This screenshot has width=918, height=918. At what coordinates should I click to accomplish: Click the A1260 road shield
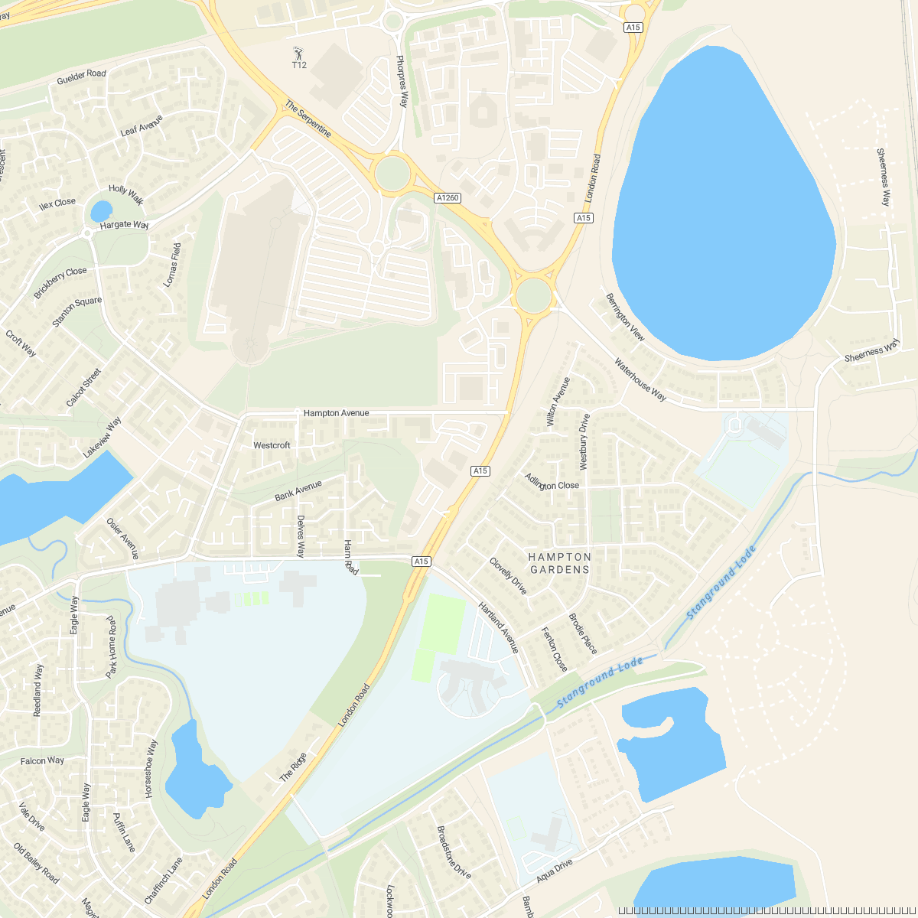click(x=448, y=198)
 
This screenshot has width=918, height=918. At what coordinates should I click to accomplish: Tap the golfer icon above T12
click(x=298, y=54)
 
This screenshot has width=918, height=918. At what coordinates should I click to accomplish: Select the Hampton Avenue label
click(x=336, y=413)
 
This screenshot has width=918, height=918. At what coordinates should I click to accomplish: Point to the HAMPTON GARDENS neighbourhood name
click(x=560, y=563)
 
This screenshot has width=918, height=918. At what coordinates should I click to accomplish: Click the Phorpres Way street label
click(x=402, y=81)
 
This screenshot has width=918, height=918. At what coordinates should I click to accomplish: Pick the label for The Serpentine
click(x=308, y=119)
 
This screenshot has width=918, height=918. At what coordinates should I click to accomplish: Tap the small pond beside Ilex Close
click(x=101, y=210)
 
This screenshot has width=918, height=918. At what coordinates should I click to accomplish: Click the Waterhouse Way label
click(x=640, y=379)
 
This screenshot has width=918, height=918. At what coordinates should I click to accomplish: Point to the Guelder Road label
click(x=81, y=77)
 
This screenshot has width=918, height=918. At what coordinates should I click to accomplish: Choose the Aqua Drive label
click(x=554, y=871)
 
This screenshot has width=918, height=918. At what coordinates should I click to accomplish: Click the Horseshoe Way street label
click(x=151, y=769)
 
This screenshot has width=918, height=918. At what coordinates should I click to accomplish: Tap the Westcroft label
click(x=272, y=445)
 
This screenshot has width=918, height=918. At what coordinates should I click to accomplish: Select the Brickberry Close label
click(x=60, y=283)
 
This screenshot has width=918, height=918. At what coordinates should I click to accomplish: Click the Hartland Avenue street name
click(x=499, y=628)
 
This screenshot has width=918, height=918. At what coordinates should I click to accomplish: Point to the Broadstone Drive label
click(x=453, y=851)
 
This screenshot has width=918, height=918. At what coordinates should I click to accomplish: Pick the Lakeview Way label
click(x=103, y=438)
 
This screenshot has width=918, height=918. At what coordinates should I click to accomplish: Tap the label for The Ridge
click(x=293, y=767)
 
